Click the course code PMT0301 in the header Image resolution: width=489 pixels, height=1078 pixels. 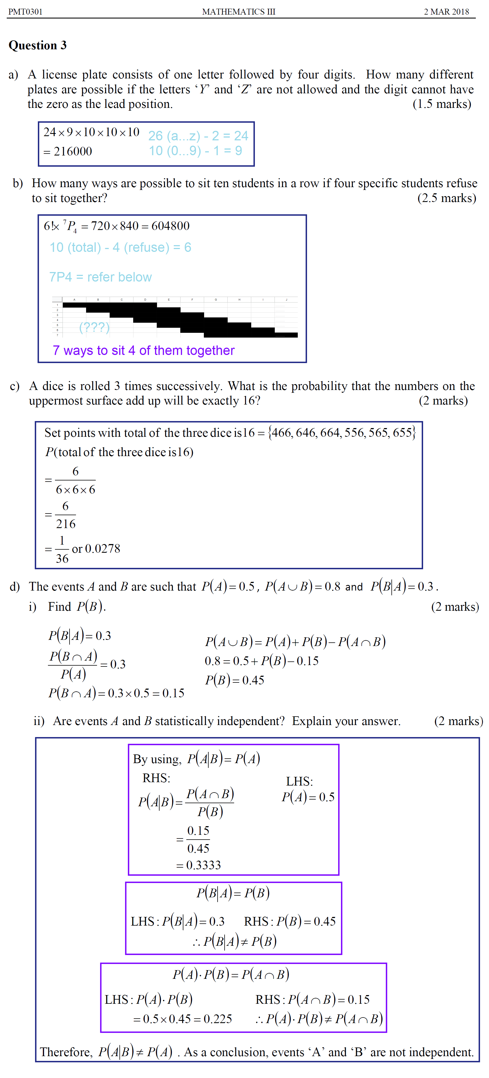coord(26,12)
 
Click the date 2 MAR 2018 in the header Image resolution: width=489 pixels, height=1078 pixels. coord(446,12)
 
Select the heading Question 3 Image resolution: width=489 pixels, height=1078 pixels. coord(38,45)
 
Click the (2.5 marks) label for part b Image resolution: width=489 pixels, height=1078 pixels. coord(446,198)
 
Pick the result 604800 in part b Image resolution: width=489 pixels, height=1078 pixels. coord(170,226)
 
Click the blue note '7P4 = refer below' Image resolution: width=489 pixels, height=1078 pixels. coord(100,277)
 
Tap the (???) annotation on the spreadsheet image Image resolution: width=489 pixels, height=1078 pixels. coord(94,327)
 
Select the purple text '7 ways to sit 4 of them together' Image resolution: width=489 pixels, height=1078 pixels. coord(144,350)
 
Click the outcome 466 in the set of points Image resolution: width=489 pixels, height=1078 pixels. coord(281,433)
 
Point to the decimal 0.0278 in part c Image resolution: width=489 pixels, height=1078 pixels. coord(103,549)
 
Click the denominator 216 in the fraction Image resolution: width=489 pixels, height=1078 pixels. coord(66,524)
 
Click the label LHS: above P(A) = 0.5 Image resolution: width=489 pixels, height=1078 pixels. coord(299,781)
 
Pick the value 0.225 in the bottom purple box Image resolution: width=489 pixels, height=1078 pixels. coord(218,1019)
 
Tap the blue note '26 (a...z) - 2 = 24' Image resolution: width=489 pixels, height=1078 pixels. coord(198,136)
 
